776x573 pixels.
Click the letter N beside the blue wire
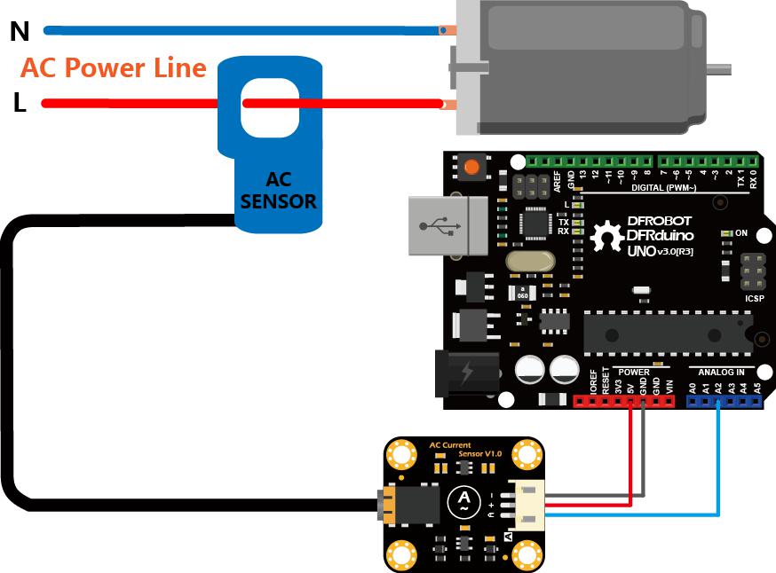pyautogui.click(x=20, y=32)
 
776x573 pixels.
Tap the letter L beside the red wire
pyautogui.click(x=20, y=104)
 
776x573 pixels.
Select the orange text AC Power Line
pyautogui.click(x=114, y=68)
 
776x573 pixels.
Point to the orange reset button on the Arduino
pyautogui.click(x=471, y=167)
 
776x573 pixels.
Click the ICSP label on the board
pyautogui.click(x=754, y=299)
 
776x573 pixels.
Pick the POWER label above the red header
pyautogui.click(x=634, y=372)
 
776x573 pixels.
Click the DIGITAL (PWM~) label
pyautogui.click(x=661, y=187)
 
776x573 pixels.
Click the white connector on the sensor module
pyautogui.click(x=522, y=504)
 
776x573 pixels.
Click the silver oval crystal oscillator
pyautogui.click(x=529, y=261)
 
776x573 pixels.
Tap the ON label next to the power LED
pyautogui.click(x=741, y=234)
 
